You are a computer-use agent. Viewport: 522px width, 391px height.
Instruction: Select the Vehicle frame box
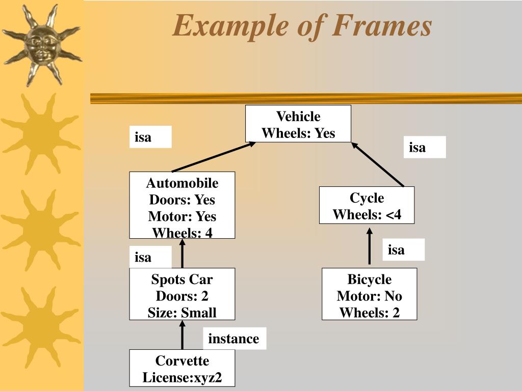click(298, 124)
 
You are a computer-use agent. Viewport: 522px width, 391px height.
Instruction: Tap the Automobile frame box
click(182, 205)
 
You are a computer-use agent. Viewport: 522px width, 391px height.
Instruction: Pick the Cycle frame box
click(367, 205)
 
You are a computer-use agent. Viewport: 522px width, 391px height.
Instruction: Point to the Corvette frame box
click(182, 368)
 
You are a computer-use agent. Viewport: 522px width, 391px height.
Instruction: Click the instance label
click(234, 339)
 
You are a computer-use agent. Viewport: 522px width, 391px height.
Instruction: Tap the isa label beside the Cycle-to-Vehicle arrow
click(424, 147)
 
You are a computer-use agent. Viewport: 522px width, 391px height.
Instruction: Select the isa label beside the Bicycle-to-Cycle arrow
click(403, 249)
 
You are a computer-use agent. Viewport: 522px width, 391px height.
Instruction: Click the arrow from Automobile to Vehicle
click(214, 157)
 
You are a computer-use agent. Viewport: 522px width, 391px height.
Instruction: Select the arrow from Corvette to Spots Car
click(182, 334)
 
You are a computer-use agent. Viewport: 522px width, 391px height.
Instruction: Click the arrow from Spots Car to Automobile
click(182, 253)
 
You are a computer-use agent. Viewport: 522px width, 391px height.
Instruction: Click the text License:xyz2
click(182, 378)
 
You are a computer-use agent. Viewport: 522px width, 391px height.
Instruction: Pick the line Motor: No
click(369, 296)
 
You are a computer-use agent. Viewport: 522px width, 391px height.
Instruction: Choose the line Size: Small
click(182, 313)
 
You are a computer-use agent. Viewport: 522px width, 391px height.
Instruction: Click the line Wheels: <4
click(367, 214)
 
